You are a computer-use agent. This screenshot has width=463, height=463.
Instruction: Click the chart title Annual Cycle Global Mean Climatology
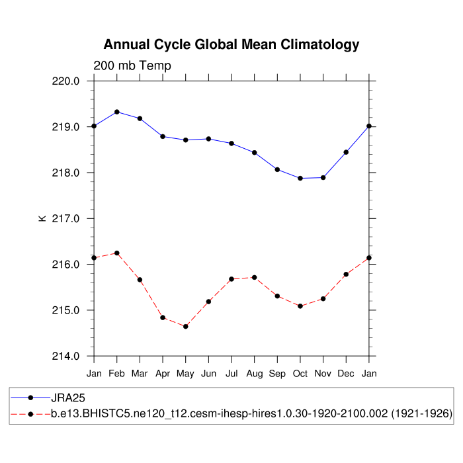[x=232, y=45]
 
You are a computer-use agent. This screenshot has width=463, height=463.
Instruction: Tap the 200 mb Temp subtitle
[x=132, y=65]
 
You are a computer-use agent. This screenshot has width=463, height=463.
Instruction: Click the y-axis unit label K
[x=42, y=218]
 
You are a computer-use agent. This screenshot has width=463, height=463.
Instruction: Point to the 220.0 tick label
[x=66, y=81]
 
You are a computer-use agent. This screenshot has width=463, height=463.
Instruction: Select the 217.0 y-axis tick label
[x=66, y=218]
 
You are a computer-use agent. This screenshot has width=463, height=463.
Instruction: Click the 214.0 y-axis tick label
[x=66, y=356]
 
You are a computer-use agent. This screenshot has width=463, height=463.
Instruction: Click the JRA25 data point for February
[x=117, y=112]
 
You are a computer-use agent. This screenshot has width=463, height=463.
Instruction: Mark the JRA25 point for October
[x=300, y=178]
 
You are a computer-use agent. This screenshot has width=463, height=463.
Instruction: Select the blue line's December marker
[x=346, y=152]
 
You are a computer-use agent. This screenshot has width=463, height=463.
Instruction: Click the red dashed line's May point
[x=186, y=326]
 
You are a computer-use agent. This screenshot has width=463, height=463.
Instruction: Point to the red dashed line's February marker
[x=117, y=253]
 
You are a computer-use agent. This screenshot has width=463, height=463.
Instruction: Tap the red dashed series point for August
[x=255, y=277]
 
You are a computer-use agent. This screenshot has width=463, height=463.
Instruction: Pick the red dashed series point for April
[x=163, y=317]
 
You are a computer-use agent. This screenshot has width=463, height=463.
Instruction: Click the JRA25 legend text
[x=68, y=398]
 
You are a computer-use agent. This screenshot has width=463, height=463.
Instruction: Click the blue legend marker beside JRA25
[x=30, y=398]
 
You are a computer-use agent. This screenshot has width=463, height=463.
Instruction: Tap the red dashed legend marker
[x=30, y=414]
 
